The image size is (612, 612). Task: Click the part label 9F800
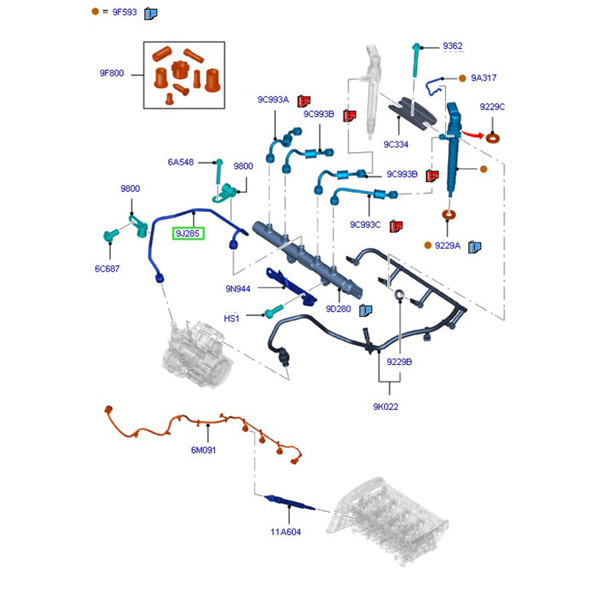pyautogui.click(x=112, y=74)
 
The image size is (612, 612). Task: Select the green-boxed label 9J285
pyautogui.click(x=188, y=233)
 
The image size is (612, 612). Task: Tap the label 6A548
pyautogui.click(x=181, y=162)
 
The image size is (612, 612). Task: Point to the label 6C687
pyautogui.click(x=109, y=269)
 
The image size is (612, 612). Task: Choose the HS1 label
pyautogui.click(x=232, y=317)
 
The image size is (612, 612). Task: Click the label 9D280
pyautogui.click(x=337, y=309)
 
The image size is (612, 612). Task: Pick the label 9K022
pyautogui.click(x=386, y=407)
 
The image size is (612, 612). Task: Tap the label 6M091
pyautogui.click(x=203, y=451)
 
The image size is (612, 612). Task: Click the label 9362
pyautogui.click(x=453, y=47)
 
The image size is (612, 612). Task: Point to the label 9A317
pyautogui.click(x=483, y=78)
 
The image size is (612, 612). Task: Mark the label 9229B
pyautogui.click(x=399, y=361)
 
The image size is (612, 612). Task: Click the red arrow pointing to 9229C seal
pyautogui.click(x=474, y=135)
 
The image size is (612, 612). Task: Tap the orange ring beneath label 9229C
pyautogui.click(x=495, y=138)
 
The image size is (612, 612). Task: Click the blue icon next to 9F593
pyautogui.click(x=151, y=12)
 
